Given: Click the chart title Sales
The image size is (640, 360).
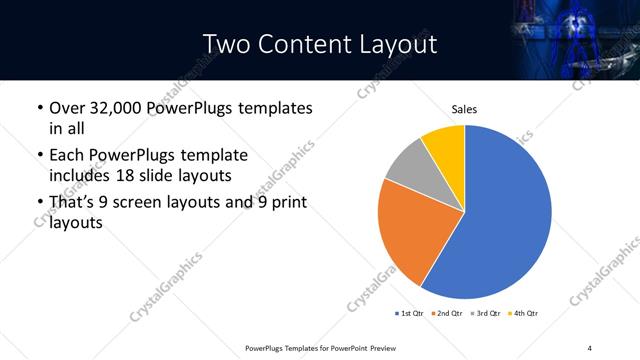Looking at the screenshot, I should [x=464, y=109].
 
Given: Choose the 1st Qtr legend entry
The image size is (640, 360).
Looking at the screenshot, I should [x=410, y=313].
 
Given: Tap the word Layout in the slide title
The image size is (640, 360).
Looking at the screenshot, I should [x=400, y=44].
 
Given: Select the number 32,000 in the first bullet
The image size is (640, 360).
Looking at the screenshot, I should [x=117, y=108].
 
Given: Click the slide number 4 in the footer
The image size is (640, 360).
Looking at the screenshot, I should [x=589, y=347].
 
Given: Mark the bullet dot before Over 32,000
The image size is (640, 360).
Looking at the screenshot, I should [x=39, y=108].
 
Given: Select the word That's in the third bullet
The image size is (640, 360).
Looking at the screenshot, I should [x=74, y=203].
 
